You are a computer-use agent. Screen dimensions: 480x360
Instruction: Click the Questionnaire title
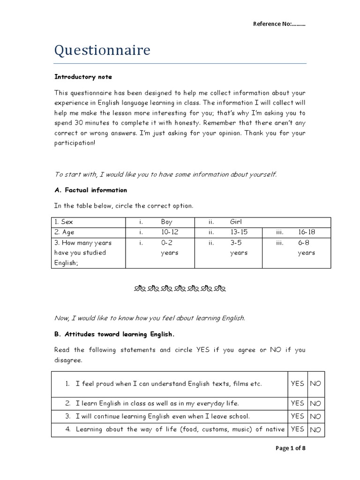click(x=102, y=50)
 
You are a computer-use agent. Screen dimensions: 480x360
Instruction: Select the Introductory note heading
click(x=83, y=77)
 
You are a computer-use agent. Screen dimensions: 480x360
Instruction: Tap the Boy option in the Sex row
click(x=166, y=222)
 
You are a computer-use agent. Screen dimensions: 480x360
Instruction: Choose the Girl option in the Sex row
click(x=236, y=222)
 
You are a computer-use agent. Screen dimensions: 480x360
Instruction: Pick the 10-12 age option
click(x=169, y=232)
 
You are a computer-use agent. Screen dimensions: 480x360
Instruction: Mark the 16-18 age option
click(x=307, y=232)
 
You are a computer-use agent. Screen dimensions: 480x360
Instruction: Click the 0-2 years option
click(x=169, y=247)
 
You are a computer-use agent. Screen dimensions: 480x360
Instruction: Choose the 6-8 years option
click(x=307, y=247)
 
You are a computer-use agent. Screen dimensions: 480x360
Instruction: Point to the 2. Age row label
click(x=64, y=232)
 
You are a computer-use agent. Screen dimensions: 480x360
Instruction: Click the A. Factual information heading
click(x=90, y=190)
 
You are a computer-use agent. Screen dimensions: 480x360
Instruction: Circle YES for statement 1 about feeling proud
click(x=297, y=383)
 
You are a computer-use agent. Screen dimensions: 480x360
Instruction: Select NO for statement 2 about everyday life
click(x=315, y=403)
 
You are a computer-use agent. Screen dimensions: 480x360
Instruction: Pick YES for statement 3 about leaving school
click(x=297, y=416)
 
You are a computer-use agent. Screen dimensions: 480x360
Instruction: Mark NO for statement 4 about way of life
click(x=315, y=429)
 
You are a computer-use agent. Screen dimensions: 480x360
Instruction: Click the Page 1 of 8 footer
click(x=291, y=448)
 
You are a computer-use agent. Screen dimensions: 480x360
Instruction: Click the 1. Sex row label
click(x=64, y=222)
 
